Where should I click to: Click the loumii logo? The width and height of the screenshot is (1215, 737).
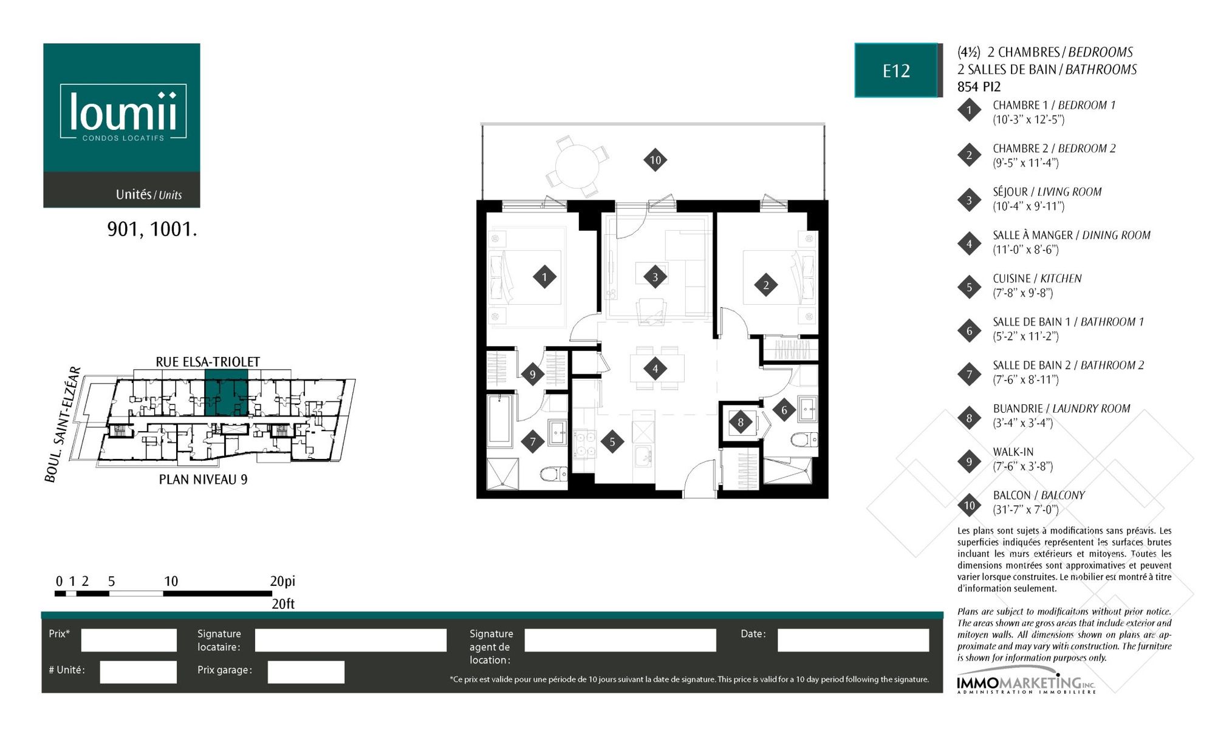tap(123, 112)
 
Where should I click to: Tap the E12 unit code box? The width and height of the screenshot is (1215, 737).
tap(896, 70)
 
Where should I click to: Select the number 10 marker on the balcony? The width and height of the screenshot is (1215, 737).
tap(655, 160)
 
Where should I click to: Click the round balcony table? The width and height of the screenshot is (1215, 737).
tap(577, 166)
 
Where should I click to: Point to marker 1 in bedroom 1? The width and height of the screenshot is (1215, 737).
tap(544, 277)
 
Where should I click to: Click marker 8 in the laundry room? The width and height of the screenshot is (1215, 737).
tap(740, 422)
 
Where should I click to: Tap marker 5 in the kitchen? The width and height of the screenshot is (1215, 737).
tap(612, 442)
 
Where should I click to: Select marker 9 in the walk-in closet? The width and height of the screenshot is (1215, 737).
tap(532, 374)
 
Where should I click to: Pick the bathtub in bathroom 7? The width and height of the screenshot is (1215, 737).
tap(501, 419)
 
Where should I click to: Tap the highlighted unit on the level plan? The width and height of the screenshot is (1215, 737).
tap(226, 393)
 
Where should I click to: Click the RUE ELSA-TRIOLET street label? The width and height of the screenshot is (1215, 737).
tap(208, 362)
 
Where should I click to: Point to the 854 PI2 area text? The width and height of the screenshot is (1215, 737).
tap(979, 87)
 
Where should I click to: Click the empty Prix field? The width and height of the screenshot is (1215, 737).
tap(129, 640)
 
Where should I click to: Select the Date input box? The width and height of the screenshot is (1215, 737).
tap(853, 640)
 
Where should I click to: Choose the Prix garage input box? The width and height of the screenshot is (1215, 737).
tap(306, 671)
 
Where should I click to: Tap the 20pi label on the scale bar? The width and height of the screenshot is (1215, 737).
tap(282, 581)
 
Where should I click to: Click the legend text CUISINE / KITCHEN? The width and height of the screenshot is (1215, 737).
tap(1037, 279)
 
